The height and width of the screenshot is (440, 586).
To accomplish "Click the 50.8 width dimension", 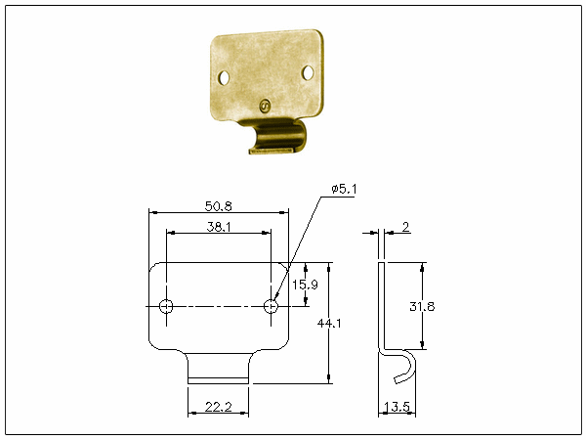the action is pyautogui.click(x=218, y=206).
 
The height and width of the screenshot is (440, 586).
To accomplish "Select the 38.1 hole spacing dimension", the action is pyautogui.click(x=219, y=227).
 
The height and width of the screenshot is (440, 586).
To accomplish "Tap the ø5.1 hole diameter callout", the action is pyautogui.click(x=344, y=189).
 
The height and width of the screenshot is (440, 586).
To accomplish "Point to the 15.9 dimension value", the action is pyautogui.click(x=305, y=285).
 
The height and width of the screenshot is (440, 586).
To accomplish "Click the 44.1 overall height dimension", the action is pyautogui.click(x=329, y=323).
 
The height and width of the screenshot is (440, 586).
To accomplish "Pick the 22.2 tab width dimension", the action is pyautogui.click(x=218, y=407).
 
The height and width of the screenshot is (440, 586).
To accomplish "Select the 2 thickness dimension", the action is pyautogui.click(x=405, y=227).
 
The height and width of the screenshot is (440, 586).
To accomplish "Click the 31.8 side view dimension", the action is pyautogui.click(x=422, y=306).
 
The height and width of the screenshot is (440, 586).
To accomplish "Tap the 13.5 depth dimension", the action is pyautogui.click(x=397, y=407).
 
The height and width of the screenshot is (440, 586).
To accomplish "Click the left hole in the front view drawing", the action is pyautogui.click(x=166, y=306).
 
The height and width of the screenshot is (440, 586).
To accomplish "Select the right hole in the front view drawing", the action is pyautogui.click(x=271, y=306).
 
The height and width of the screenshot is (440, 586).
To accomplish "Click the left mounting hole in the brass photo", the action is pyautogui.click(x=224, y=78).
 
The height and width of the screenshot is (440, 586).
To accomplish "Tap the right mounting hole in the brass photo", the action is pyautogui.click(x=308, y=72).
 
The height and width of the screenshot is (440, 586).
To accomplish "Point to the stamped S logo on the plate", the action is pyautogui.click(x=265, y=107).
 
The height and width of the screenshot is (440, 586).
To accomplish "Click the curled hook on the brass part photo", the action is pyautogui.click(x=278, y=137).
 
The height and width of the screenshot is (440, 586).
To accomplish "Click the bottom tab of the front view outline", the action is pyautogui.click(x=218, y=369).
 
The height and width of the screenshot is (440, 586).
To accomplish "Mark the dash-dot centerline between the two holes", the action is pyautogui.click(x=218, y=306).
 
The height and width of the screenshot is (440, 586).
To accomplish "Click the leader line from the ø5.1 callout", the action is pyautogui.click(x=298, y=248).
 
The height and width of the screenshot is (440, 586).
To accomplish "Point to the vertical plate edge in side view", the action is pyautogui.click(x=381, y=306).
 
